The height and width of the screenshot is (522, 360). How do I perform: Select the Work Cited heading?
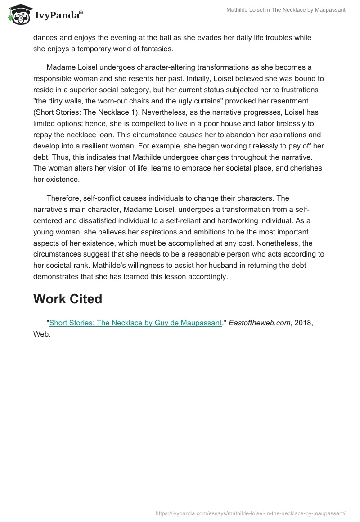67,298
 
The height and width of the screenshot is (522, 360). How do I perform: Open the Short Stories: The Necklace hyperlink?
135,323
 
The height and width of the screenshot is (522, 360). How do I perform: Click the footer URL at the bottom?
250,513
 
